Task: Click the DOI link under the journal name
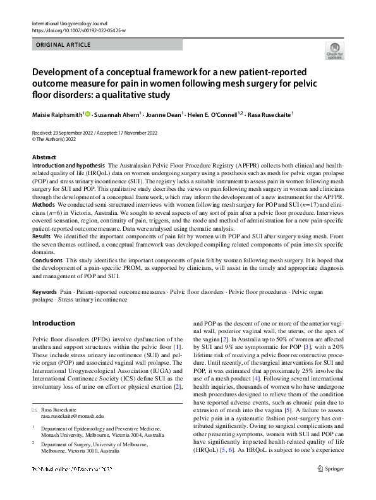coord(77,30)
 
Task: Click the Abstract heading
coord(44,157)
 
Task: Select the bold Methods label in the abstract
coord(43,205)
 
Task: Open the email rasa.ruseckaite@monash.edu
coord(72,399)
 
